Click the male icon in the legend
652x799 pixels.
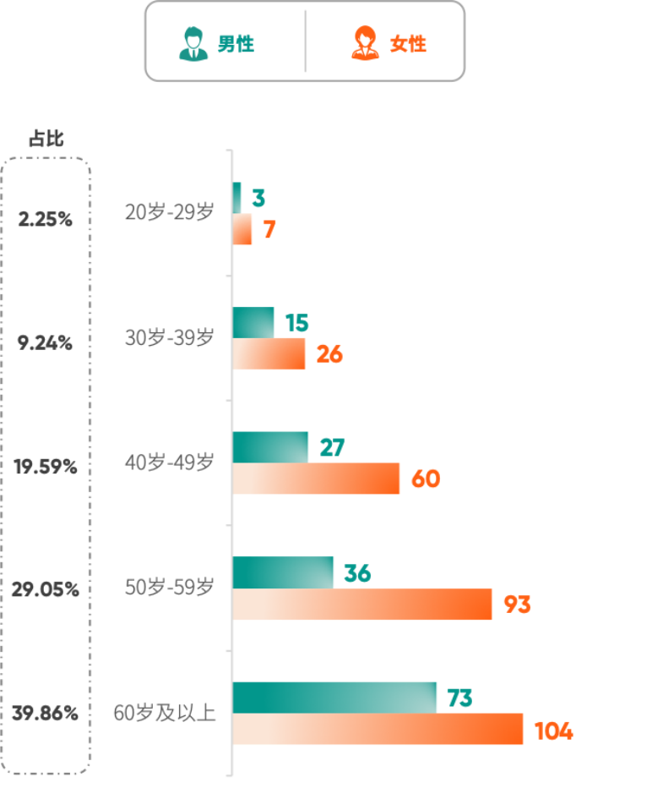point(193,44)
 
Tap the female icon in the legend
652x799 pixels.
point(366,44)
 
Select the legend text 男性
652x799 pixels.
point(236,45)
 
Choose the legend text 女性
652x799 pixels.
point(408,45)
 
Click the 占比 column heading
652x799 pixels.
point(46,140)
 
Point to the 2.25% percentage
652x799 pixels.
point(46,220)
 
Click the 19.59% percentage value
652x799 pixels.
point(46,467)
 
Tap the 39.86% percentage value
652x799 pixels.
point(46,714)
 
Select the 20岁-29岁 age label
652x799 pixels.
point(170,213)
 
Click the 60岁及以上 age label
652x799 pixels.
point(165,714)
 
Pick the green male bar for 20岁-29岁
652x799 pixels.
point(237,198)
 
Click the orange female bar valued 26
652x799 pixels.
point(269,354)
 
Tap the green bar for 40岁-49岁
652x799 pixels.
point(270,446)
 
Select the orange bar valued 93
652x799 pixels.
point(362,605)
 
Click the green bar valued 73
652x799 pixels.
point(334,698)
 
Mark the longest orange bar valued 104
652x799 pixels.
point(378,730)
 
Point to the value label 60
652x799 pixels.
point(426,479)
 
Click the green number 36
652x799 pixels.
point(357,574)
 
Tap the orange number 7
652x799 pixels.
point(269,229)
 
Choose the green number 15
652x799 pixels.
point(296,323)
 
